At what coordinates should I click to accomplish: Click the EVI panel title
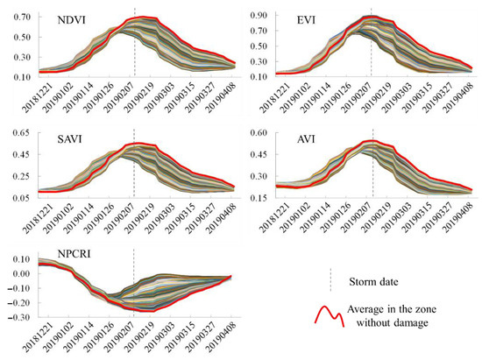(308, 19)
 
